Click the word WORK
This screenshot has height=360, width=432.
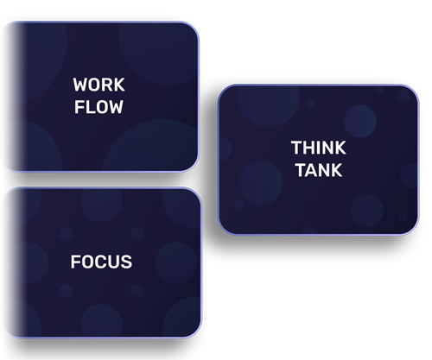point(98,85)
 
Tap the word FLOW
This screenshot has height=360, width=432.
point(98,107)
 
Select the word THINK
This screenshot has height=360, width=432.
point(319,148)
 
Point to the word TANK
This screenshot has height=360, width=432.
point(319,170)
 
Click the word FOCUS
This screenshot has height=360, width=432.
point(101,262)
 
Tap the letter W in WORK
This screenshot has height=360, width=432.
point(81,85)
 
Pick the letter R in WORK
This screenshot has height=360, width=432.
point(108,85)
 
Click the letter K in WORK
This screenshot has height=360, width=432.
point(120,85)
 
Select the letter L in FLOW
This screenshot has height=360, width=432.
point(89,107)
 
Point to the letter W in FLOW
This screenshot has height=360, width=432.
point(115,107)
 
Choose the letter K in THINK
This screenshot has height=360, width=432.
point(341,148)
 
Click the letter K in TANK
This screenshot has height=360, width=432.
point(338,170)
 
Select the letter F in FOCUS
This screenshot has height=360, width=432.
point(75,262)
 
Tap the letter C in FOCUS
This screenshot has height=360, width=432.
point(100,262)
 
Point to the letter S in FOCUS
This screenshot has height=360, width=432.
point(126,262)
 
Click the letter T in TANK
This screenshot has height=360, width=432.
point(302,170)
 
